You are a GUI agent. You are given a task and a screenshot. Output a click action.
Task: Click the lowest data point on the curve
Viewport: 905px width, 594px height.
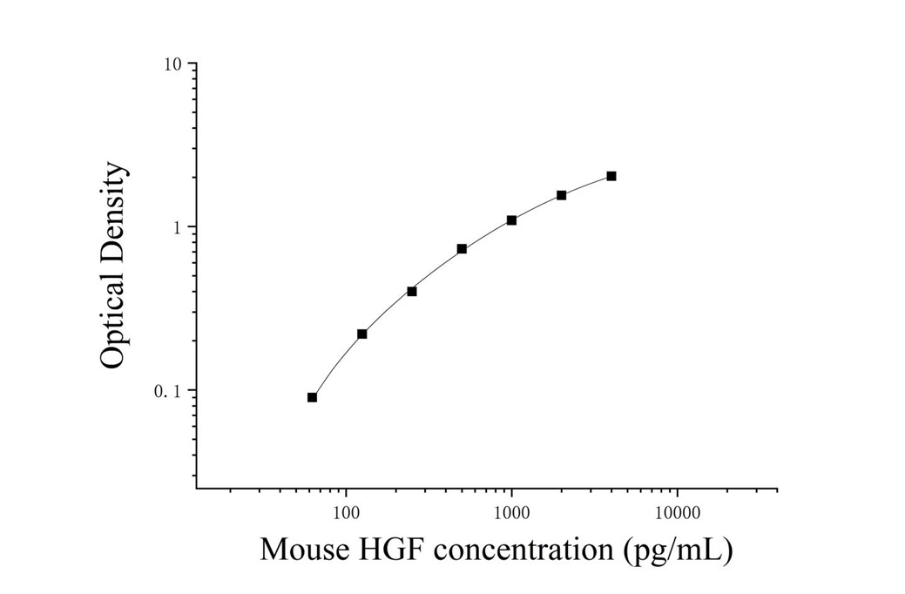(x=312, y=397)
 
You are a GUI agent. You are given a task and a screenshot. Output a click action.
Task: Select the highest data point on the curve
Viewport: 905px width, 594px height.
(x=611, y=176)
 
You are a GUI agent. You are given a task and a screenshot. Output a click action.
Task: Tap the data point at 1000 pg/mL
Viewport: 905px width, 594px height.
(x=511, y=220)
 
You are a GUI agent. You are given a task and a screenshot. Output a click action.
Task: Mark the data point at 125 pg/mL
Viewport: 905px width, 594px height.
(x=362, y=334)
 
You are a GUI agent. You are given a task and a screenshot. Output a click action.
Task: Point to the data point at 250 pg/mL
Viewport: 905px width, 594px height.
(x=412, y=291)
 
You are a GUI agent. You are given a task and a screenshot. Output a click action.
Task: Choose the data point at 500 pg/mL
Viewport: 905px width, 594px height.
(x=462, y=249)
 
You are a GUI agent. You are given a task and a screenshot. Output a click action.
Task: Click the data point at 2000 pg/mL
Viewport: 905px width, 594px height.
(x=562, y=195)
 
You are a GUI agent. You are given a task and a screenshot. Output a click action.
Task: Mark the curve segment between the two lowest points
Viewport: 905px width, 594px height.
(x=335, y=362)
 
